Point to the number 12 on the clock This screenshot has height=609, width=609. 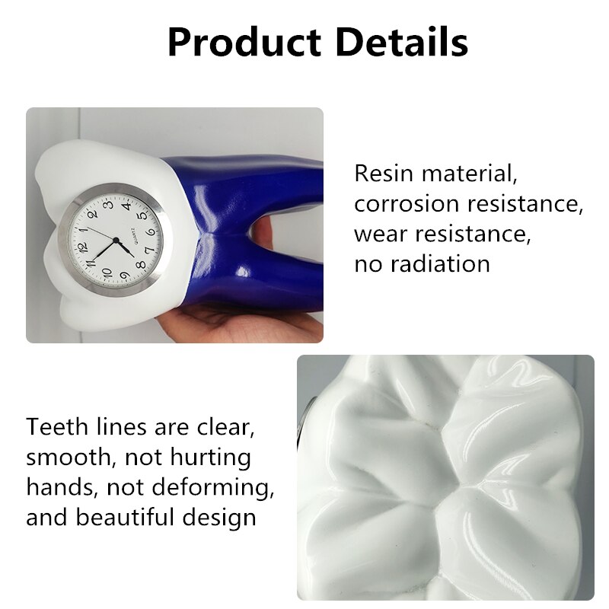coord(84,246)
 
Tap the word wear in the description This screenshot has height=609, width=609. coord(378,234)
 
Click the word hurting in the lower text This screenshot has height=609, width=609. coord(209,458)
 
